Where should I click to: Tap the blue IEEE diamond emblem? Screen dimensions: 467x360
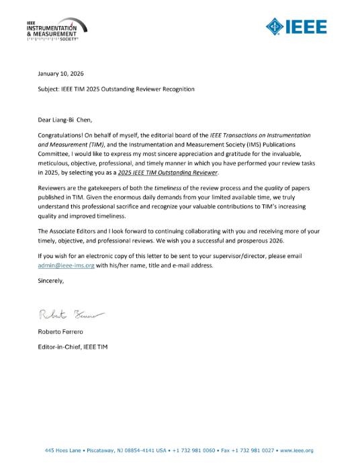(274, 27)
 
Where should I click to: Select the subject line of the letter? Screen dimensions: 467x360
(116, 89)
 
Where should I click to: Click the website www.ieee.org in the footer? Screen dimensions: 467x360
(298, 450)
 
